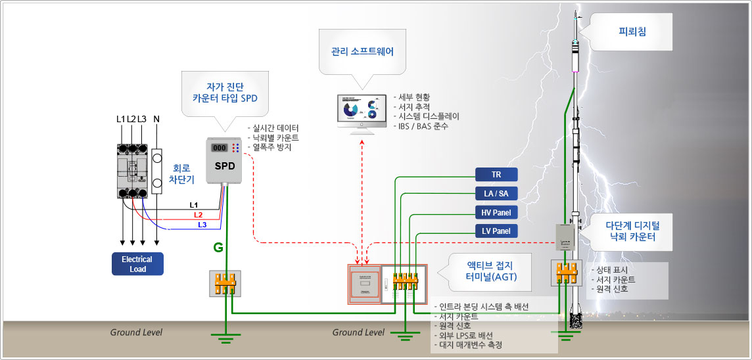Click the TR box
(x=496, y=174)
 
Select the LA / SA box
(x=496, y=193)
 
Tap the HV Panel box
(x=496, y=212)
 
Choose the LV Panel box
(x=496, y=231)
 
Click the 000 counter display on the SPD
(x=219, y=148)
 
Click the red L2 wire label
(x=198, y=215)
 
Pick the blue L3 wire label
(x=202, y=225)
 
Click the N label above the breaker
(x=156, y=119)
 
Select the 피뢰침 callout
(x=632, y=31)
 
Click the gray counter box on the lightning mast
(x=563, y=237)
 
